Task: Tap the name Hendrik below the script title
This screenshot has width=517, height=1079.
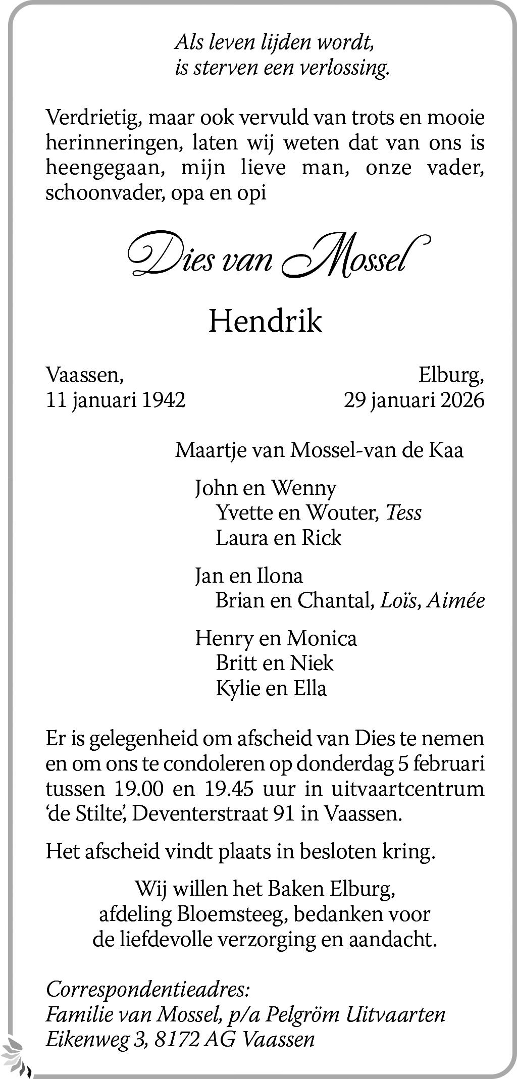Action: coord(265,321)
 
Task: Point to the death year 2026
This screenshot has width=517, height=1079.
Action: coord(462,400)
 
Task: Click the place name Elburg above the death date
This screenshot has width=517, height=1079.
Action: coord(450,375)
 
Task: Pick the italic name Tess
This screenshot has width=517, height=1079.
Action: coord(403,512)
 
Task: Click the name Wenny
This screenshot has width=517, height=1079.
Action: coord(303,488)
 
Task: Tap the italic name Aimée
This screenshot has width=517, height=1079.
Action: coord(455,600)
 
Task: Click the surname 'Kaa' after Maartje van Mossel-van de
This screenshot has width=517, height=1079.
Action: coord(446,450)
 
